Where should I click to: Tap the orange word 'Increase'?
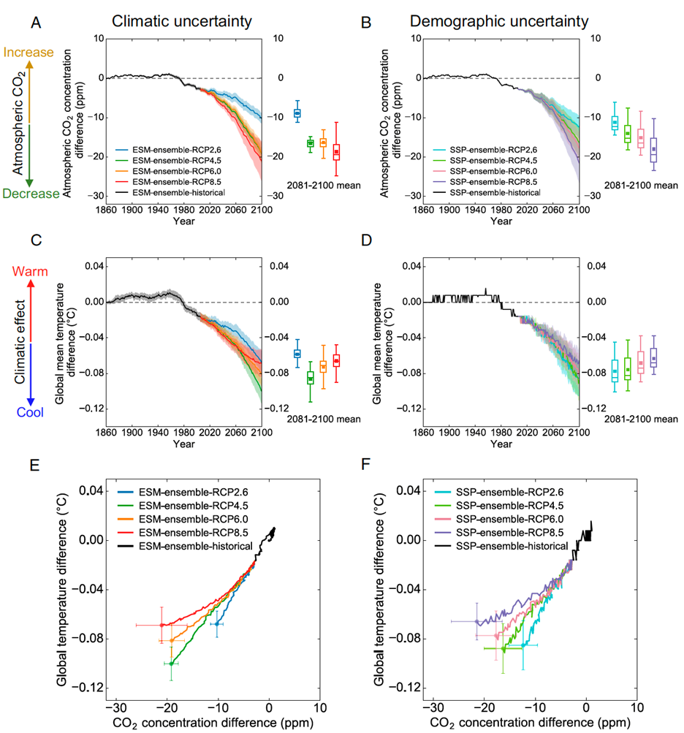(x=28, y=53)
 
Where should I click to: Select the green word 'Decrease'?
(x=28, y=193)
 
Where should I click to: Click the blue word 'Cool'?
(x=30, y=412)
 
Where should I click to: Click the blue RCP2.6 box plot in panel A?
(x=297, y=113)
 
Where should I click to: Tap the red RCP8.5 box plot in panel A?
(x=336, y=151)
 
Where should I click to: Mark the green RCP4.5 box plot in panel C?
(x=310, y=377)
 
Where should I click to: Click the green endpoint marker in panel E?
(x=171, y=664)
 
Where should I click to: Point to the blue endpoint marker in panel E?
(x=217, y=623)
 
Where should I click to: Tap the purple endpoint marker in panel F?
(x=477, y=621)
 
